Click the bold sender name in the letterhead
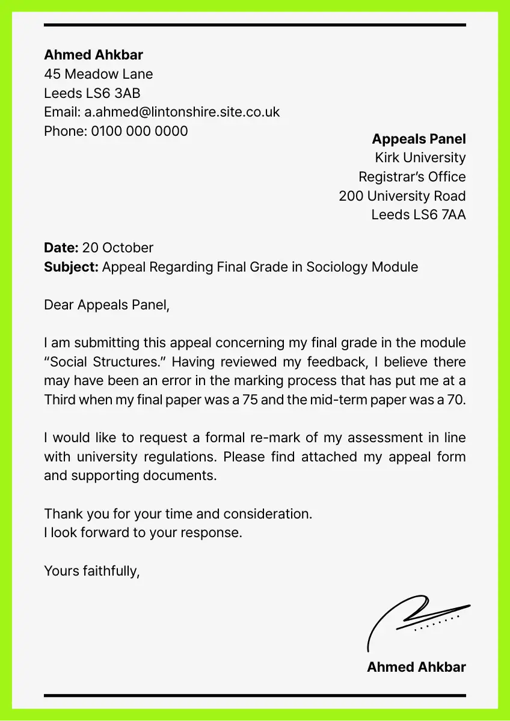pyautogui.click(x=93, y=55)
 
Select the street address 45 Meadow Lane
pyautogui.click(x=98, y=75)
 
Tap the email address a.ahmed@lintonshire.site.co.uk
pyautogui.click(x=182, y=112)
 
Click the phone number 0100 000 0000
pyautogui.click(x=140, y=131)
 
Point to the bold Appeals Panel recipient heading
pyautogui.click(x=419, y=139)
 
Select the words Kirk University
pyautogui.click(x=420, y=158)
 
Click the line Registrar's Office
pyautogui.click(x=412, y=177)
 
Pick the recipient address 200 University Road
pyautogui.click(x=402, y=196)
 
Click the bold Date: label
pyautogui.click(x=61, y=248)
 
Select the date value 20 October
pyautogui.click(x=118, y=248)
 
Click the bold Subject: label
pyautogui.click(x=71, y=267)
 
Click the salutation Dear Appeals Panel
pyautogui.click(x=107, y=305)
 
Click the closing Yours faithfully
pyautogui.click(x=91, y=571)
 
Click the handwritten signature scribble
pyautogui.click(x=415, y=619)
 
